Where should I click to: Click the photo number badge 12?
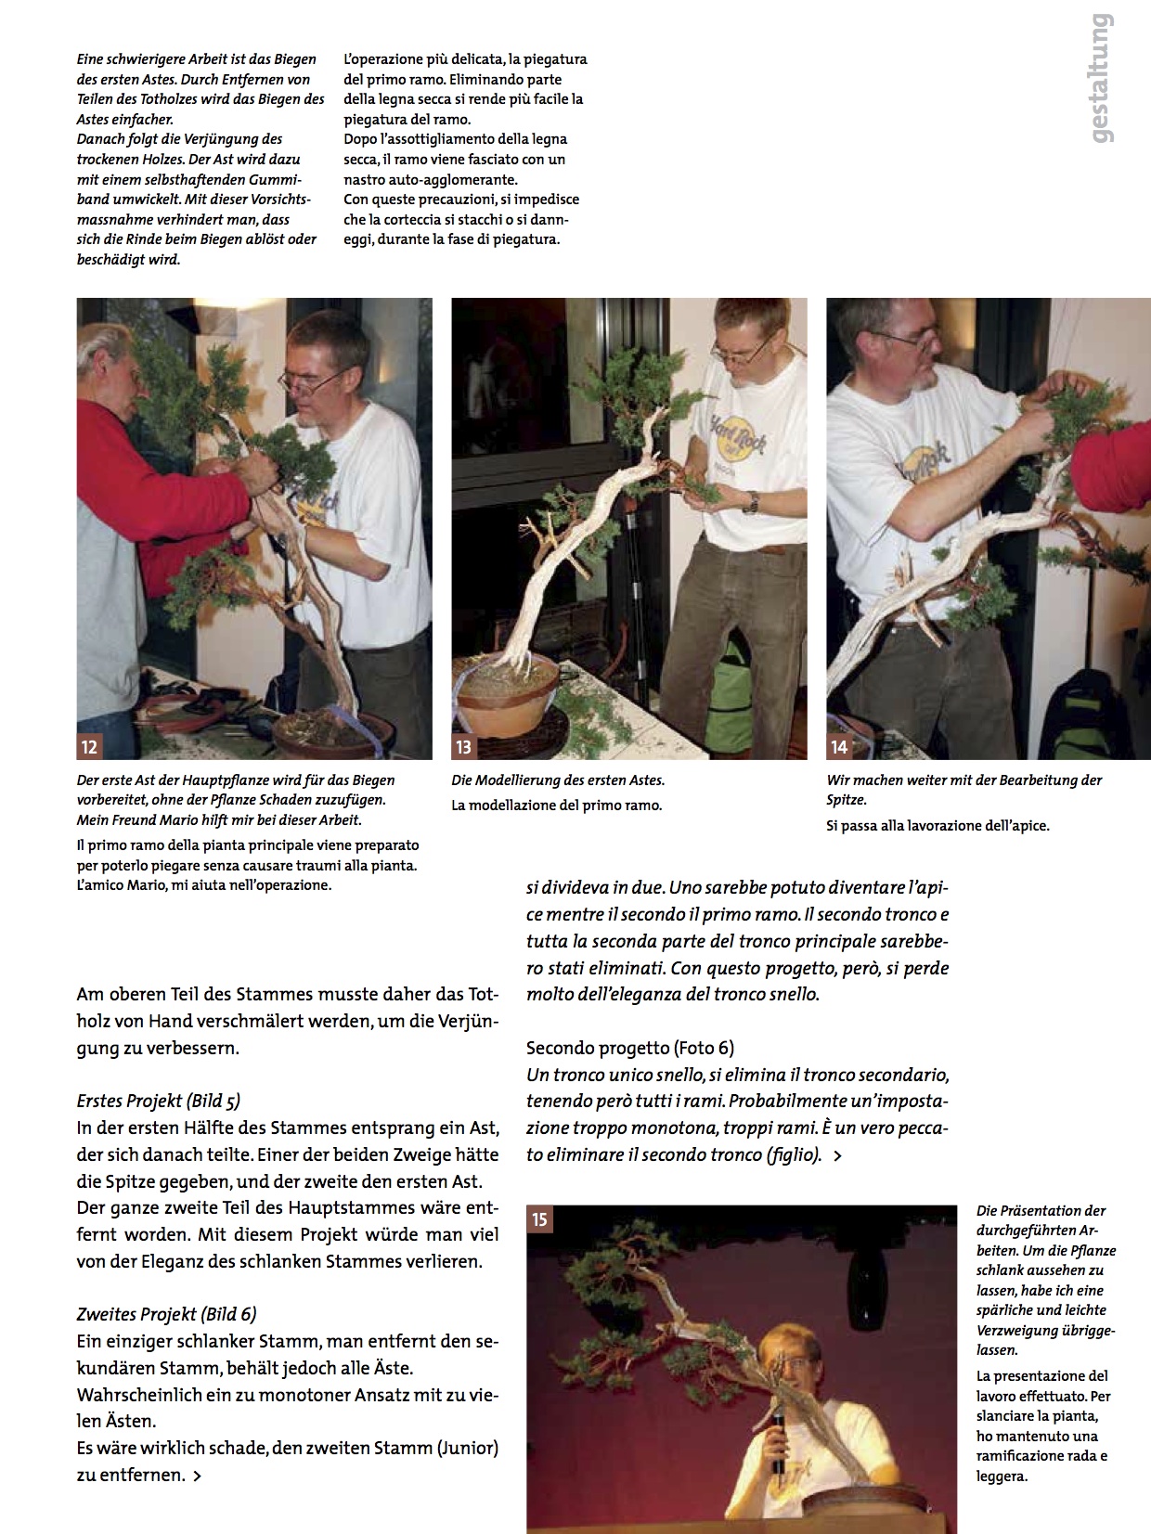click(x=89, y=747)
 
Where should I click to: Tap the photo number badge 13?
click(x=464, y=747)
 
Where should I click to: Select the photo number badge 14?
click(x=839, y=747)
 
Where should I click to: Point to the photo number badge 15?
click(x=539, y=1218)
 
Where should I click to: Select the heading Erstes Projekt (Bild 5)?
click(x=159, y=1101)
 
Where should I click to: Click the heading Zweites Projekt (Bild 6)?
click(x=167, y=1314)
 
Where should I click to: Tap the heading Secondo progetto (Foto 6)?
click(x=630, y=1048)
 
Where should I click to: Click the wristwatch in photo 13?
click(x=751, y=502)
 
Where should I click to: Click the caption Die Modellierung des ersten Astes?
click(x=558, y=780)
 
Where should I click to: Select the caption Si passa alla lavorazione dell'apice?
click(x=938, y=825)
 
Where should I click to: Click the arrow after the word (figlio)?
click(x=838, y=1156)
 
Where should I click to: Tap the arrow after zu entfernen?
click(x=197, y=1476)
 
